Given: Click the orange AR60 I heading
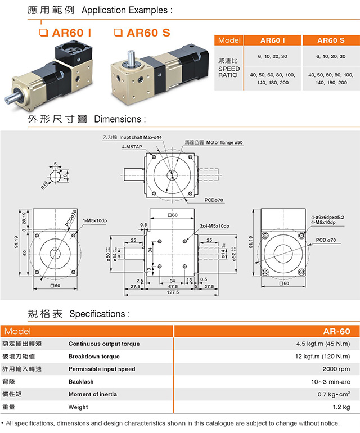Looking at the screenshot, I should [73, 32].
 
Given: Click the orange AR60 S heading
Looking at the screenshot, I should [147, 32].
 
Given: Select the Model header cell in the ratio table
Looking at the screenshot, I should [229, 40].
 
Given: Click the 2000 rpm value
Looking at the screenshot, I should [335, 369].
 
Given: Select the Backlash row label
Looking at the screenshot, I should [82, 381].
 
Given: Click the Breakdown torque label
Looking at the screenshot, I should [93, 356].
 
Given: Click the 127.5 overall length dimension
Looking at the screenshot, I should [172, 292].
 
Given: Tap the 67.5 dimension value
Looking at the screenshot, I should [173, 286].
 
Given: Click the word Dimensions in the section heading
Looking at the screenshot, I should [120, 119].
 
